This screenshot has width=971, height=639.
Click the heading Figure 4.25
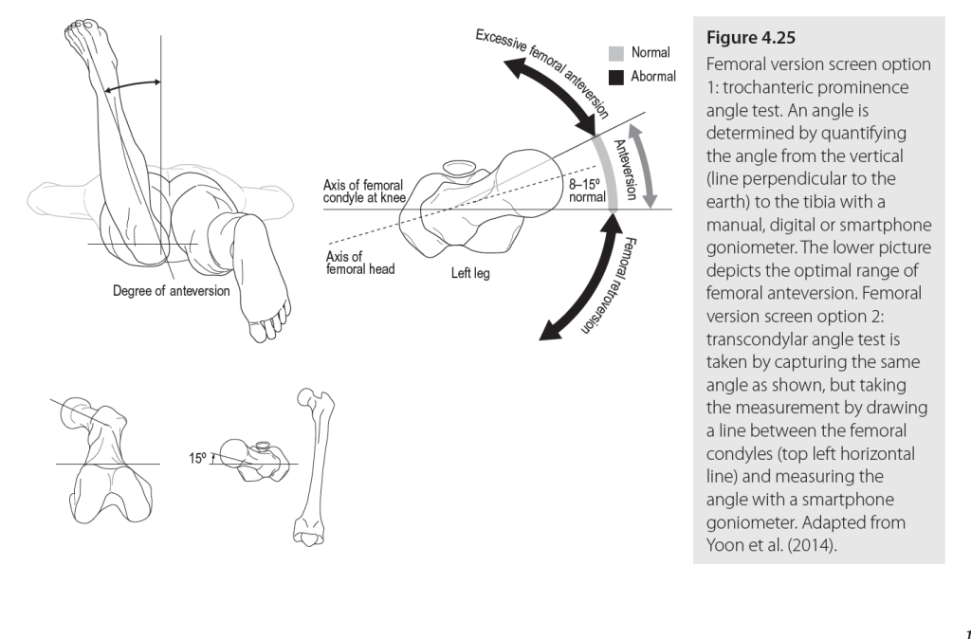tap(751, 38)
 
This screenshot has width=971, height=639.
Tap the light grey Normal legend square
tap(616, 54)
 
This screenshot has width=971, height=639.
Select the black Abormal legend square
tap(616, 78)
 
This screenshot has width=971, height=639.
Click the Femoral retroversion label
tap(610, 284)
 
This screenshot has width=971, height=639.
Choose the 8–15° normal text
tap(586, 191)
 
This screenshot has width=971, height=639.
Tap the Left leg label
tap(470, 273)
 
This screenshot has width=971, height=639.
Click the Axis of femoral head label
tap(359, 263)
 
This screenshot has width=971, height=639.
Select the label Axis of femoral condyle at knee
tap(364, 192)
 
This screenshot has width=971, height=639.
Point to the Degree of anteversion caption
tap(171, 291)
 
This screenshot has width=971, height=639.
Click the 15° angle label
tap(197, 458)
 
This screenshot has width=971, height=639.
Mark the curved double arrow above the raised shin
tap(133, 86)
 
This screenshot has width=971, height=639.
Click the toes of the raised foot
tap(82, 27)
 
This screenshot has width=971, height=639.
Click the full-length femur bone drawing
tap(313, 467)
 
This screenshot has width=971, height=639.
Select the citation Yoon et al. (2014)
tap(771, 545)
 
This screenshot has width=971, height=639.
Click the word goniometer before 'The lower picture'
tap(751, 247)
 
